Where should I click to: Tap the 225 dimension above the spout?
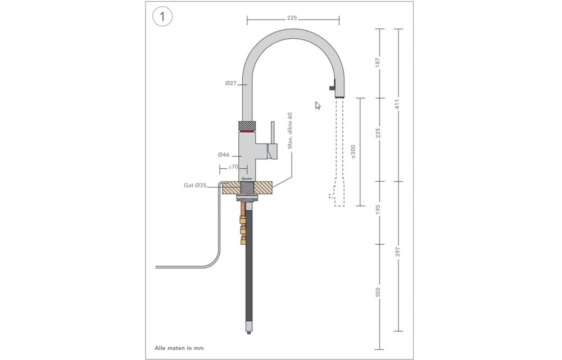292,18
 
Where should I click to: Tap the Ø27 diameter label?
230,83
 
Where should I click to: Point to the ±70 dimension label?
234,167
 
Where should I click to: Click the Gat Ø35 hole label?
196,184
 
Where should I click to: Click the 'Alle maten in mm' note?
179,348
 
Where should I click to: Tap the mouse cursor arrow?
318,105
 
